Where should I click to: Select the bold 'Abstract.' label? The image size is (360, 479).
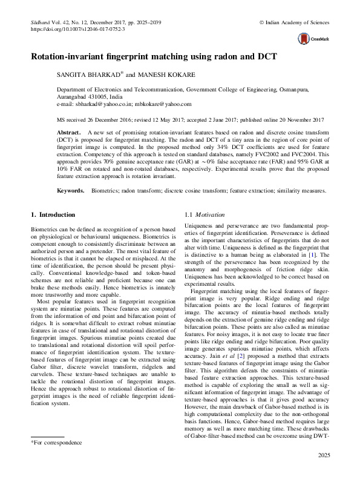tap(68, 131)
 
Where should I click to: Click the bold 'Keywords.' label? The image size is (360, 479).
tap(70, 190)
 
